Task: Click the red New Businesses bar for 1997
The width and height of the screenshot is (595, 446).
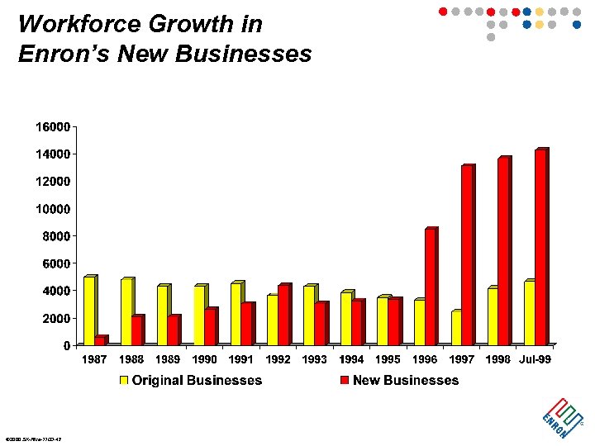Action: pos(467,255)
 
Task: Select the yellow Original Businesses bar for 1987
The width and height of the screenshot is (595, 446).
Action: pos(89,311)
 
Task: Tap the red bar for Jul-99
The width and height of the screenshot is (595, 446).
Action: pos(540,248)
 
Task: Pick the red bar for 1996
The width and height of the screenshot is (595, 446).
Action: pos(430,287)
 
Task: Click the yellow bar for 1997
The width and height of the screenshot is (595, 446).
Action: pos(455,328)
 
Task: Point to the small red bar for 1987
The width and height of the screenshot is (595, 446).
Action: pos(100,340)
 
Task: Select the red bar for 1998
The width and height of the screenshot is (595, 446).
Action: pos(503,251)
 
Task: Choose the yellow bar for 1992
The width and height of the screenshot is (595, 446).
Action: pos(273,320)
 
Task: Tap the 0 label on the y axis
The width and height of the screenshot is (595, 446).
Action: pos(66,345)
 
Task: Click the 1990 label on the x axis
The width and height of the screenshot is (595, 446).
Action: pos(204,359)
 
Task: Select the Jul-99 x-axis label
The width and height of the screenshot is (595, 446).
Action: pos(534,359)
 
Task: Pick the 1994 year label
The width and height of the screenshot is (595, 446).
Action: pos(351,359)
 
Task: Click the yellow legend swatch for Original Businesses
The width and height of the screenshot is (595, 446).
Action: pos(124,381)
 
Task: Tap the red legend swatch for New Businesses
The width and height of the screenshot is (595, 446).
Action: pos(344,381)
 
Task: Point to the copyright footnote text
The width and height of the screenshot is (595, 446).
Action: pos(33,439)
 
